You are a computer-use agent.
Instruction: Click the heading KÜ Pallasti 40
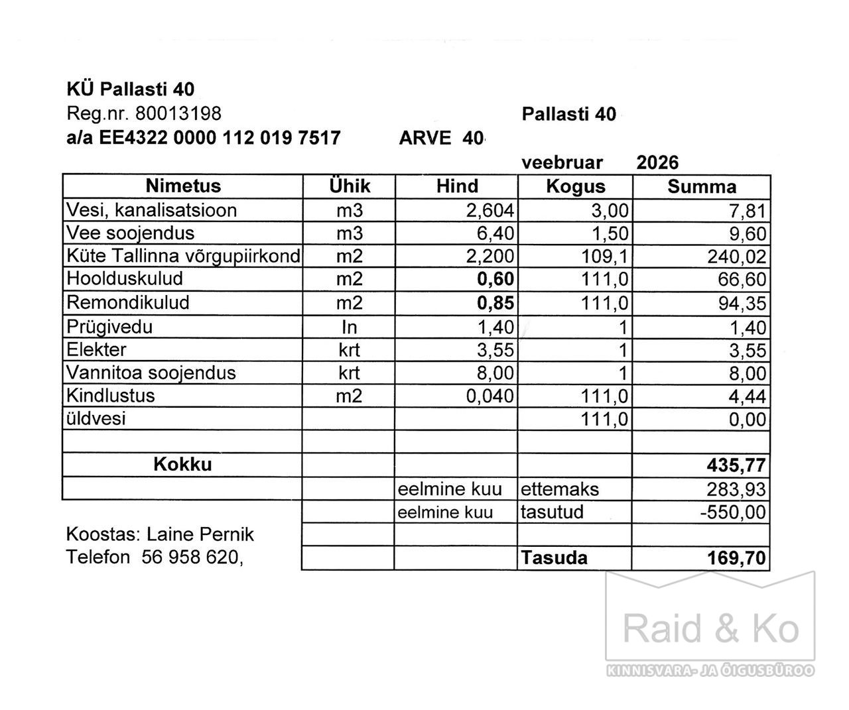[131, 89]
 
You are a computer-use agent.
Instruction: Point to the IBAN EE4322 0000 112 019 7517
[220, 138]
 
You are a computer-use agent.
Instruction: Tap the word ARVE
[425, 138]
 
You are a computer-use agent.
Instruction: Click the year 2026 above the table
[657, 163]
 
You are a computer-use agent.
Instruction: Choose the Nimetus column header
[183, 186]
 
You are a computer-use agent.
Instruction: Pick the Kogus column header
[575, 186]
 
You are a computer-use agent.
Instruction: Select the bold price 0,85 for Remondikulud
[495, 303]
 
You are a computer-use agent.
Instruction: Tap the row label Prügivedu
[109, 327]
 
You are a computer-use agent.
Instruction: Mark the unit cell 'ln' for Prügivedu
[349, 327]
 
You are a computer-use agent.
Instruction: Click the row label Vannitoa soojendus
[151, 373]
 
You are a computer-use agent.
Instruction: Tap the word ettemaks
[560, 489]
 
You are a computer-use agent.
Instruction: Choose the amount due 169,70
[738, 558]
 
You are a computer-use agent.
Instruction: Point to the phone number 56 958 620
[190, 558]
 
